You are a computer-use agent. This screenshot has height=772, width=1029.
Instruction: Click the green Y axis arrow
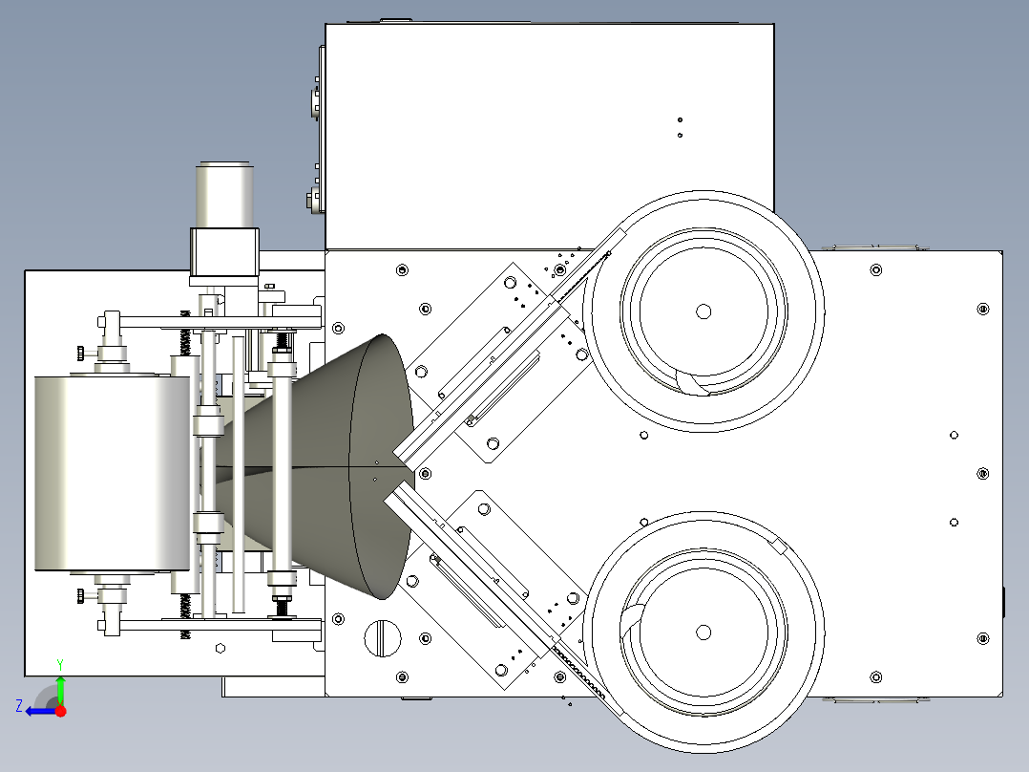pos(60,690)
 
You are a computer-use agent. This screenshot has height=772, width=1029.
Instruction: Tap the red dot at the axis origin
pos(60,711)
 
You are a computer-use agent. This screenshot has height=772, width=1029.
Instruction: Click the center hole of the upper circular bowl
pos(703,311)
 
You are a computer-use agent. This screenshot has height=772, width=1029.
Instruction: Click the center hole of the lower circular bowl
pos(703,633)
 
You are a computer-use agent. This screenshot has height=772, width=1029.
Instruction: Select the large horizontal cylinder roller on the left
pos(113,474)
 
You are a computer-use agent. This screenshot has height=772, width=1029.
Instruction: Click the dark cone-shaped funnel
pos(328,467)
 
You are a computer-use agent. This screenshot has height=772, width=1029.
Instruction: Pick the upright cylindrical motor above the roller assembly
pos(224,195)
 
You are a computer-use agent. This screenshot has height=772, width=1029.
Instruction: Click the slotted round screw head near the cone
pos(382,638)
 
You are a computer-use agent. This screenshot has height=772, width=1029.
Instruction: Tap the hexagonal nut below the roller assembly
pos(220,649)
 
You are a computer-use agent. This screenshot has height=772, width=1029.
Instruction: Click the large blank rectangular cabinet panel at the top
pos(549,137)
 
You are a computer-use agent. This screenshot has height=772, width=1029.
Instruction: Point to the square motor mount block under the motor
pos(224,252)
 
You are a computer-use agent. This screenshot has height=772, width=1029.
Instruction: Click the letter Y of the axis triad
pos(60,665)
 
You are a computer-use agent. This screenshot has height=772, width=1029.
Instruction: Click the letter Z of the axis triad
pos(19,706)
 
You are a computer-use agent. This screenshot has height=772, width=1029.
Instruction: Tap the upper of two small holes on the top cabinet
pos(680,120)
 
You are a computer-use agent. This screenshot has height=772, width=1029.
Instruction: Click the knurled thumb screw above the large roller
pos(81,353)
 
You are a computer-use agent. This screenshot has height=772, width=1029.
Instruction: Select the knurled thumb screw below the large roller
pos(81,596)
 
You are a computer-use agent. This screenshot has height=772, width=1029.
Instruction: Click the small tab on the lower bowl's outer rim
pos(780,545)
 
